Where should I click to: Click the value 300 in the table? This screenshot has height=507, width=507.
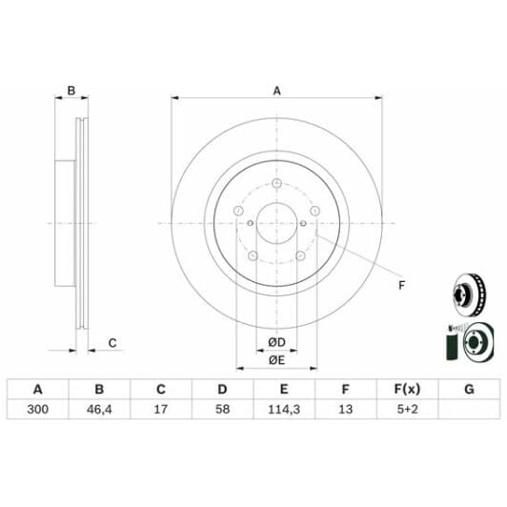38,410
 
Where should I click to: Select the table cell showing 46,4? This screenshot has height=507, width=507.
98,410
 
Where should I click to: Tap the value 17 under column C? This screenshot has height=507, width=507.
160,410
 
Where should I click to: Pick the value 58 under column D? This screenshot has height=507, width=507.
222,410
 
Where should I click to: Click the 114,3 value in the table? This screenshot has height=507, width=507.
283,410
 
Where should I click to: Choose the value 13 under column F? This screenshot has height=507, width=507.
345,410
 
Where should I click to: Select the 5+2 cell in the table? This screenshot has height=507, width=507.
407,410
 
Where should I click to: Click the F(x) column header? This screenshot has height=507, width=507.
407,389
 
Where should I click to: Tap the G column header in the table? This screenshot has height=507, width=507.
468,389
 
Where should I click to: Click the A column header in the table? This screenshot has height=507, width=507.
38,389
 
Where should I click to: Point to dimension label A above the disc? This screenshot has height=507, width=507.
277,91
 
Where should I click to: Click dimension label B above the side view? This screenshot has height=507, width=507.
71,91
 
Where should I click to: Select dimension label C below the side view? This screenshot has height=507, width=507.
112,342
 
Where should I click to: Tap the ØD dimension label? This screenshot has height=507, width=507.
276,342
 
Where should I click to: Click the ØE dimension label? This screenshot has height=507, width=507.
276,359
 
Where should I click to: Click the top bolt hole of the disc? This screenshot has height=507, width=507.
276,184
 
